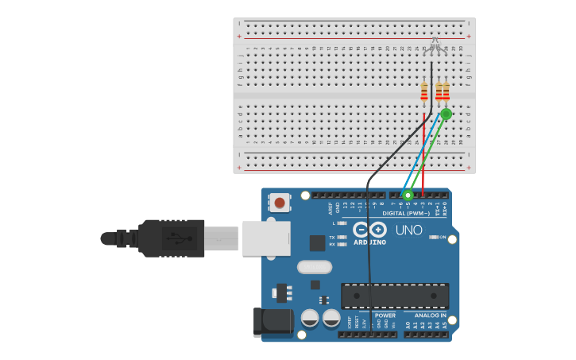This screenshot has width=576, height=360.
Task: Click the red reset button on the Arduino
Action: coord(280,203)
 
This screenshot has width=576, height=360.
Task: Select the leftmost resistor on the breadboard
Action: coord(424,91)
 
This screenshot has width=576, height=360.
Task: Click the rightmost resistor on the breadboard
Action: coord(446,91)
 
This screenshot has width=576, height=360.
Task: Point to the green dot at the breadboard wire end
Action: coord(446,114)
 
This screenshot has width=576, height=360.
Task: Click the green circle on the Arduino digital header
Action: coord(408,195)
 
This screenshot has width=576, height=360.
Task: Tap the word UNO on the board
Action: coord(409,230)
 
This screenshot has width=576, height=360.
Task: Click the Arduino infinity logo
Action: coord(369,229)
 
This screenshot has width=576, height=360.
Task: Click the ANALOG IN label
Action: coord(431,315)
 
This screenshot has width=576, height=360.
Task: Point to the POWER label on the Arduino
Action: coord(385,315)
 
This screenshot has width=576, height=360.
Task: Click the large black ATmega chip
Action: coord(395,296)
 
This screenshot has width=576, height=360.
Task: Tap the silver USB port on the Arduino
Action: coord(266,238)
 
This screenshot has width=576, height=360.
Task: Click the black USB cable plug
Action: coord(172,238)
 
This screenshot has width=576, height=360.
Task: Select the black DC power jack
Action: coord(270,322)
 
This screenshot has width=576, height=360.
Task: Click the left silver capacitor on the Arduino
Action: coord(310,318)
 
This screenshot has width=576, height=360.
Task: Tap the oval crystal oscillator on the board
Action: coord(315,267)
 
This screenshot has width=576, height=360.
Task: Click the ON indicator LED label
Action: coord(443,237)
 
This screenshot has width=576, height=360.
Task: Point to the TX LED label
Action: coord(332,237)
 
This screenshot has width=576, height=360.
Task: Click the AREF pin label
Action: coord(331,208)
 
